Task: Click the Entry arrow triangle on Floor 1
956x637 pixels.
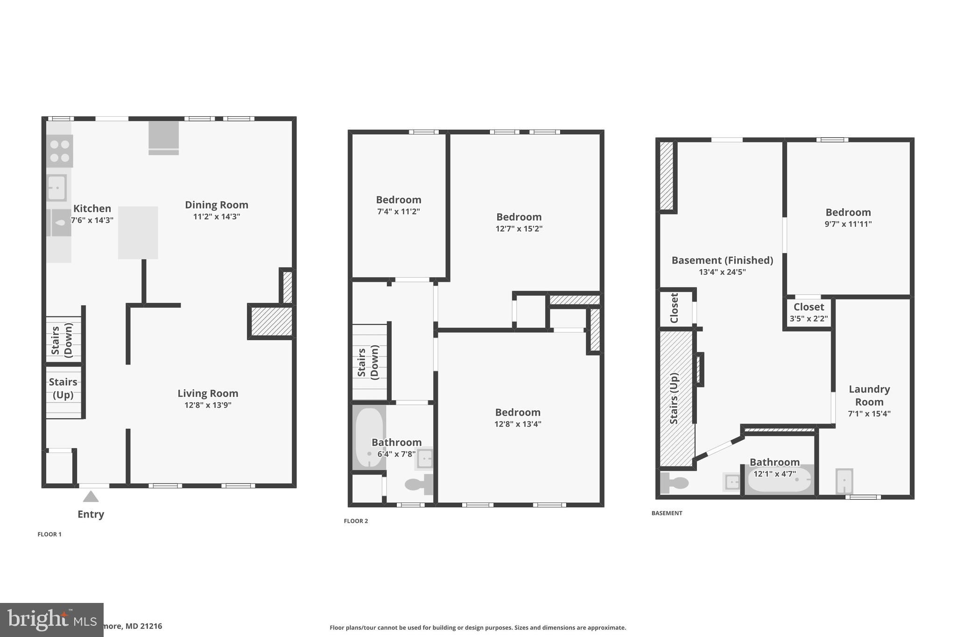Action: pos(91,496)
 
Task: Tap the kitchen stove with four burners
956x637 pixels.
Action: pos(60,151)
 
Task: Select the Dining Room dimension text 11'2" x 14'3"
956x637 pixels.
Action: pos(217,217)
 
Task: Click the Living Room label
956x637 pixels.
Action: pos(208,393)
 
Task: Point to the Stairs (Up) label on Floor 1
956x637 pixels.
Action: pos(63,388)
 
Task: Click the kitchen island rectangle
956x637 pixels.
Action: pos(138,232)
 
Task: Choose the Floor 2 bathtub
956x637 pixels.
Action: pos(369,437)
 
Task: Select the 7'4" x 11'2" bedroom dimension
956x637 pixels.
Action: pos(398,211)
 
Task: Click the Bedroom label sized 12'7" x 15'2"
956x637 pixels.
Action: pos(519,217)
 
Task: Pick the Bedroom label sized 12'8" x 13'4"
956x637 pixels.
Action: pos(518,413)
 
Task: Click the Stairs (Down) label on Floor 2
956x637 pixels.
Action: pos(368,363)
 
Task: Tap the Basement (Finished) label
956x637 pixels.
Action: pos(722,260)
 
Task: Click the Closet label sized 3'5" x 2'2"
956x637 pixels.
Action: pos(808,307)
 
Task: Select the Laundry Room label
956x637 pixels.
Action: pos(869,395)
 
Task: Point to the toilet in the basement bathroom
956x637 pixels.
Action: pos(674,483)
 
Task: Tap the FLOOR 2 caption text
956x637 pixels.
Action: pos(356,521)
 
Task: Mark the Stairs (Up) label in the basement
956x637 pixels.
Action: pos(674,398)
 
